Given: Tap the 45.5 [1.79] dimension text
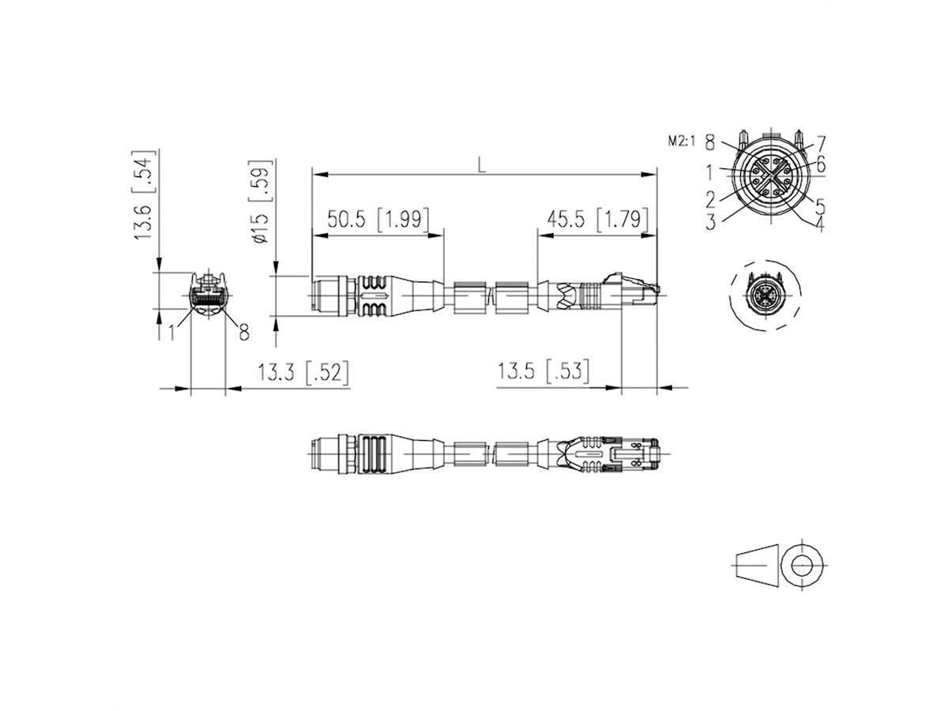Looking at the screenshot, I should pos(597,219).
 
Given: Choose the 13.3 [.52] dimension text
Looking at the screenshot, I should pos(303,371).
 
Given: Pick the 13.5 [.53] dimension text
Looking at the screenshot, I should pos(544,371).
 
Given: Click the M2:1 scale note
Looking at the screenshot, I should pos(681,142).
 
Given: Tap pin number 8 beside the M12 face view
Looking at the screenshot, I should pos(709,143).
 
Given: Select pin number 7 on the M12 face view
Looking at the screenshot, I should pos(821,143).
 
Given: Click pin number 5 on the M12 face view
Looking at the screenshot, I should pos(820,205).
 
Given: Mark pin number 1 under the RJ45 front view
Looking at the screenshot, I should pos(171,333).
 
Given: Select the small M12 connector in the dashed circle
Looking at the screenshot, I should pos(766,299).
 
